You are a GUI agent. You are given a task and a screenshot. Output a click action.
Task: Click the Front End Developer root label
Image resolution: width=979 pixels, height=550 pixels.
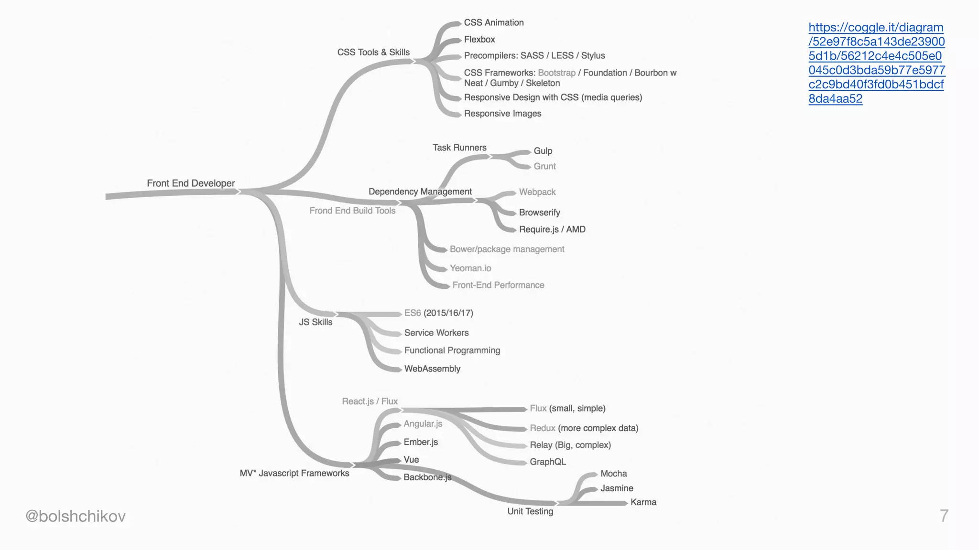click(x=191, y=183)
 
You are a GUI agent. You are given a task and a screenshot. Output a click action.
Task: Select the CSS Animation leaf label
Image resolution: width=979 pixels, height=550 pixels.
click(x=494, y=22)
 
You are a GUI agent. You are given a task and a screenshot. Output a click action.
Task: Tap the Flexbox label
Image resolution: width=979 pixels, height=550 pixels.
click(x=479, y=39)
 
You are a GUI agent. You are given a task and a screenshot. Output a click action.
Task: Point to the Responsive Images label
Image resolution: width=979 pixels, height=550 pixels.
click(x=502, y=114)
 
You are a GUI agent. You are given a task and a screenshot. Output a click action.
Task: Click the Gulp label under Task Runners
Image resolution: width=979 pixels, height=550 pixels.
click(x=543, y=151)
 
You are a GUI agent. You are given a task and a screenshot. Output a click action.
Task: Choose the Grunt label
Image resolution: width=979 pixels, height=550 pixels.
click(x=544, y=166)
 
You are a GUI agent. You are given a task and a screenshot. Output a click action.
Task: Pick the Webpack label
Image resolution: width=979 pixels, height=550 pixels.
click(x=537, y=192)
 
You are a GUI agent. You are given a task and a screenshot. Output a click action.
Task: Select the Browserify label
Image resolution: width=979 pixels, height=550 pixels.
click(x=539, y=212)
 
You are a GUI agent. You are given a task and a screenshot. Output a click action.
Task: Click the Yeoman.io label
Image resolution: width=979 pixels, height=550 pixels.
click(x=470, y=268)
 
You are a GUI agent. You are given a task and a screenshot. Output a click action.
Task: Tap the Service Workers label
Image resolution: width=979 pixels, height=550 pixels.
click(x=436, y=333)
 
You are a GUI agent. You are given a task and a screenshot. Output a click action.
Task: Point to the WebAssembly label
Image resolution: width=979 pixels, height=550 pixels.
click(x=432, y=369)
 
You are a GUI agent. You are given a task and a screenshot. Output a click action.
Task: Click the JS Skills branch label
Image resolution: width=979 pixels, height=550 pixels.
click(x=315, y=322)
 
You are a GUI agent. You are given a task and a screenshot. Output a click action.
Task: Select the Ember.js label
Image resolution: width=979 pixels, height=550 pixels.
click(x=421, y=442)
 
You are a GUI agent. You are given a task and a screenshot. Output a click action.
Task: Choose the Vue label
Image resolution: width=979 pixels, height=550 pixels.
click(x=411, y=460)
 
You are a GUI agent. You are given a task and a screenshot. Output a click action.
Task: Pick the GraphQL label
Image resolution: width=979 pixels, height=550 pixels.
click(x=548, y=462)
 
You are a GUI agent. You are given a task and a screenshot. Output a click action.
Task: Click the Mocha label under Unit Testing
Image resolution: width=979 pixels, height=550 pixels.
click(x=613, y=474)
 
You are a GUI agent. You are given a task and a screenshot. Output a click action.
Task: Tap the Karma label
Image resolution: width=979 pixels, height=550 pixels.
click(x=643, y=502)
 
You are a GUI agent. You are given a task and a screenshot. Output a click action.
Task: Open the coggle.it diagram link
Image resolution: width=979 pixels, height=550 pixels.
click(x=876, y=63)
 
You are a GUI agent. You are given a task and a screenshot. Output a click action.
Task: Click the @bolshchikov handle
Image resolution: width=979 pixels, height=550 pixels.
click(x=76, y=516)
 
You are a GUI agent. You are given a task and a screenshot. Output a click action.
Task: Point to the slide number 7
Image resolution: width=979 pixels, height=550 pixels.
click(x=944, y=516)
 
